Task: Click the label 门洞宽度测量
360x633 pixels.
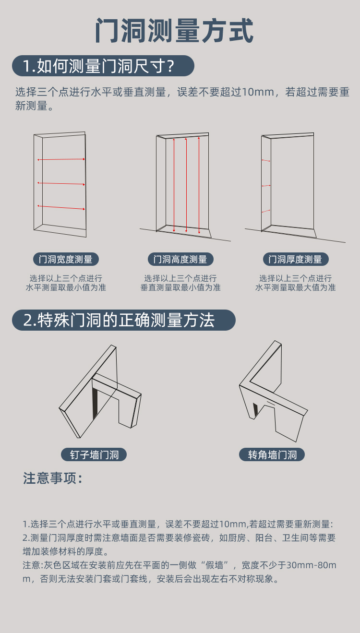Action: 66,260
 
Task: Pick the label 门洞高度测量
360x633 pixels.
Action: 180,260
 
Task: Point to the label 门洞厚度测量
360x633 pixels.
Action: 295,260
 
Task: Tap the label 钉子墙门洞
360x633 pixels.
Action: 94,454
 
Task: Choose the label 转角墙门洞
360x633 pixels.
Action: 272,454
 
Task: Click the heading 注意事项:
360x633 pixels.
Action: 53,478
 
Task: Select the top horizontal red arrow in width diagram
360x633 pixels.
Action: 61,159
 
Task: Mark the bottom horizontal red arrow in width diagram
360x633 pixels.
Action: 61,207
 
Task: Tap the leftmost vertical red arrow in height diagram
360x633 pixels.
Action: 174,185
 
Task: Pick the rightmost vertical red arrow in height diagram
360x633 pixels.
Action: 199,185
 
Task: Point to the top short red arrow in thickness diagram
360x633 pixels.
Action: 266,160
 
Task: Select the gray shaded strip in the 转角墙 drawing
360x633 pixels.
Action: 255,409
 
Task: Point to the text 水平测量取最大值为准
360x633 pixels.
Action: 295,287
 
